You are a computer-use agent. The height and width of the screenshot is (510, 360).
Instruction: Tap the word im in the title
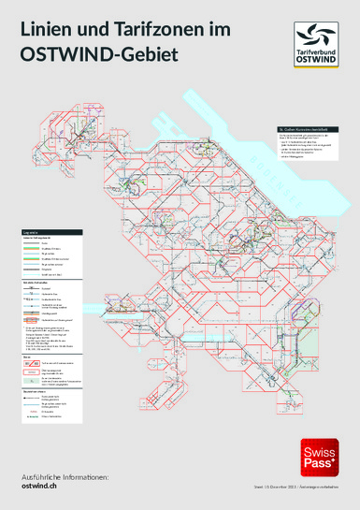click(x=219, y=32)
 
